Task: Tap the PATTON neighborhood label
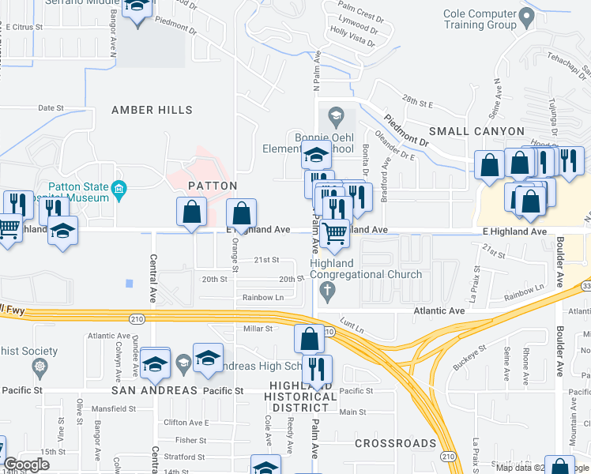tap(212, 186)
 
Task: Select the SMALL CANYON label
tap(476, 131)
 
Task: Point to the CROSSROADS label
tap(395, 443)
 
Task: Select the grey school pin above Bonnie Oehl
tap(335, 116)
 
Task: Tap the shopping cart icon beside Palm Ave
tap(335, 233)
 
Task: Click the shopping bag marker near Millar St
tap(310, 339)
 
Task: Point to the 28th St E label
tap(418, 103)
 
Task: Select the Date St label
tap(50, 107)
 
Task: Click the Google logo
tap(26, 464)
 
